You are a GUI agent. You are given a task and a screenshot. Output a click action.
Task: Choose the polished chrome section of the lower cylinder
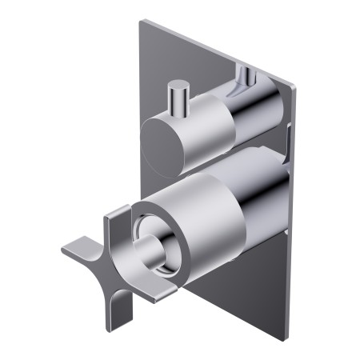point(260,196)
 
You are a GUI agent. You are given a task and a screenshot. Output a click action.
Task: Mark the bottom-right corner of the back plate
point(285,339)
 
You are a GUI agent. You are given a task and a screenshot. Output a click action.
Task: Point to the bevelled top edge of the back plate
point(216,50)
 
